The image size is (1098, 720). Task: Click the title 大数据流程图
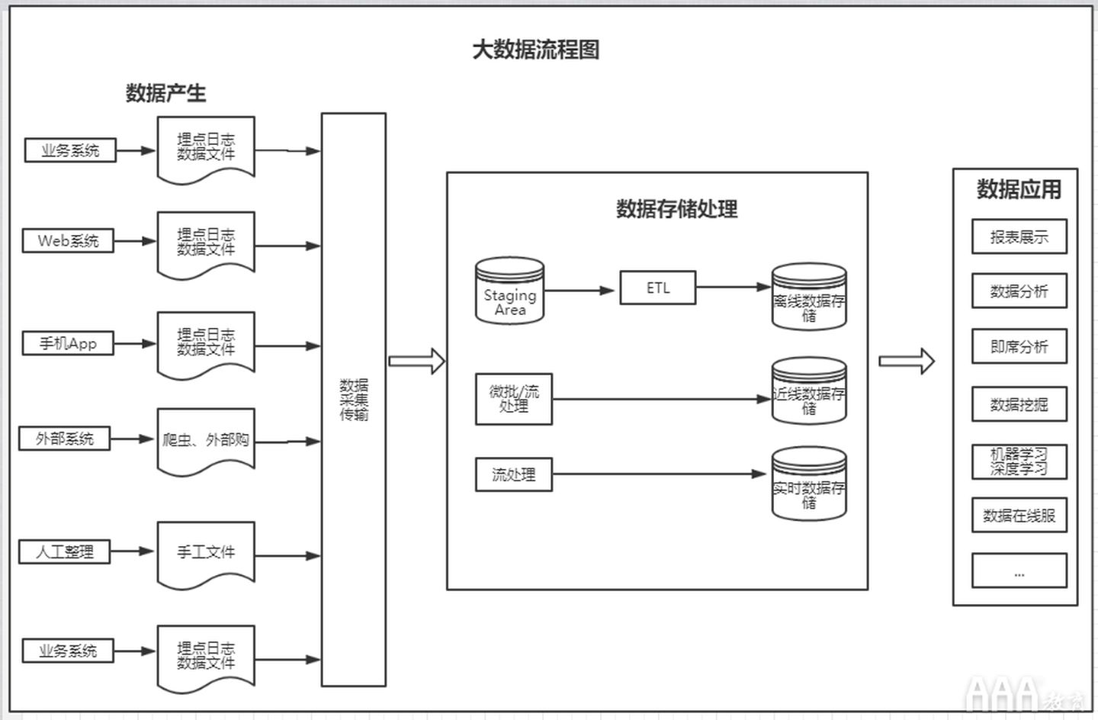[535, 50]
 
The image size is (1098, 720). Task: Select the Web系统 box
[68, 241]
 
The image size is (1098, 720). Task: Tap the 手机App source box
[68, 343]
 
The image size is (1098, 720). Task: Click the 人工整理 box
[65, 551]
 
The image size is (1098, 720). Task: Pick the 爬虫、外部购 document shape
[206, 440]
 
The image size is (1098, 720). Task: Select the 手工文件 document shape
[206, 552]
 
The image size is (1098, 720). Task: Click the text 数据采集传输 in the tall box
[354, 400]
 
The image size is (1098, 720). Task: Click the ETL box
[657, 288]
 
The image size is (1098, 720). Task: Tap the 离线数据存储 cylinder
[809, 299]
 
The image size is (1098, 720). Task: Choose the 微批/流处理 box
[513, 399]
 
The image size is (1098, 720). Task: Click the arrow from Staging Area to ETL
[579, 291]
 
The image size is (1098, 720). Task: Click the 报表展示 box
[1019, 237]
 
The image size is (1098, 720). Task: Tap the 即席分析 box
[1019, 347]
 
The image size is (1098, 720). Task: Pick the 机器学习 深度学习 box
[1019, 462]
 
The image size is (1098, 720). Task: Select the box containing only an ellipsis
[1019, 571]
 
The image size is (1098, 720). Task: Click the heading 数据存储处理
[676, 209]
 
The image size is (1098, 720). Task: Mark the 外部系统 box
[65, 439]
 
